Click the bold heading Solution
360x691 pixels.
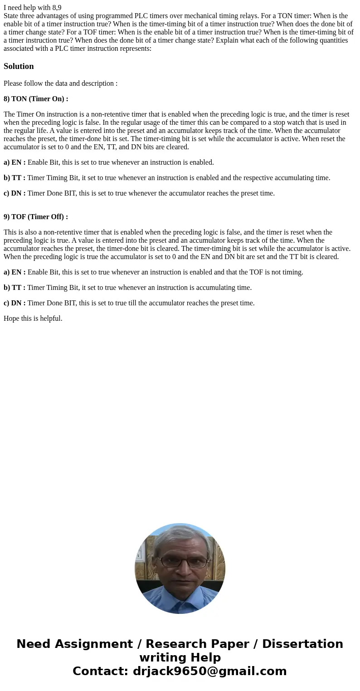[19, 66]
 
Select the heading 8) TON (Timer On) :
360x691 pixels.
[36, 99]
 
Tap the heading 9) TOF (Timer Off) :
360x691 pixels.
[36, 217]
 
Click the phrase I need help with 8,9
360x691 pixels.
[33, 7]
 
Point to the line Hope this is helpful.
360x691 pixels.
[33, 319]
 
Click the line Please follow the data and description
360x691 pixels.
[60, 83]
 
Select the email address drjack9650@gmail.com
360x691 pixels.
[210, 671]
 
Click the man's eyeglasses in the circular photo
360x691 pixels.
[180, 562]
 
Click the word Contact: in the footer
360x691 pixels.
[101, 671]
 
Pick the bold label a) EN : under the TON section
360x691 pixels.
[15, 162]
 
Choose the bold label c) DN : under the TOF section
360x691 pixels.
[15, 303]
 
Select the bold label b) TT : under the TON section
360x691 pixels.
[15, 178]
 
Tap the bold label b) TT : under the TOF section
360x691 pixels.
[15, 288]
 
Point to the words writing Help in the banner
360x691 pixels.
[180, 657]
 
